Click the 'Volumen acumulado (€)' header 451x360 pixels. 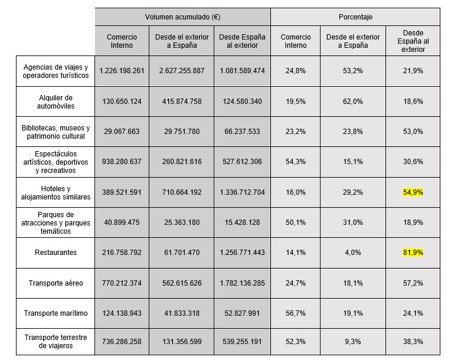(182, 17)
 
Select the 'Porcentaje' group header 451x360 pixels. (355, 17)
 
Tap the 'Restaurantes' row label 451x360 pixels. (55, 253)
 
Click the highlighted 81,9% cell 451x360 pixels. (413, 253)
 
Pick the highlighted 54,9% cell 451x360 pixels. (413, 192)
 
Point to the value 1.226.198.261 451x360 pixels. (122, 71)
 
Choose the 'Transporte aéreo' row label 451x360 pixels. (55, 283)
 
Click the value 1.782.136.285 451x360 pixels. (241, 283)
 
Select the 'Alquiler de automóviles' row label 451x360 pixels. (55, 102)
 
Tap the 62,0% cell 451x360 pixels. (353, 102)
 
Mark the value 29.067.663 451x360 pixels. (122, 132)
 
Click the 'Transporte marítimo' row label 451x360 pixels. (55, 313)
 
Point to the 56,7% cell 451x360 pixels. (296, 313)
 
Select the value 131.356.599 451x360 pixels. (182, 342)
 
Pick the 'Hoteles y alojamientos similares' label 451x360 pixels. (55, 192)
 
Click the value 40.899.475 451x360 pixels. (122, 222)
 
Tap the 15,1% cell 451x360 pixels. (353, 162)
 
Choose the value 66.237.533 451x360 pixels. (241, 132)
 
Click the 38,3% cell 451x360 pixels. (413, 342)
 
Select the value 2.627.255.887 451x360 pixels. (182, 71)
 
